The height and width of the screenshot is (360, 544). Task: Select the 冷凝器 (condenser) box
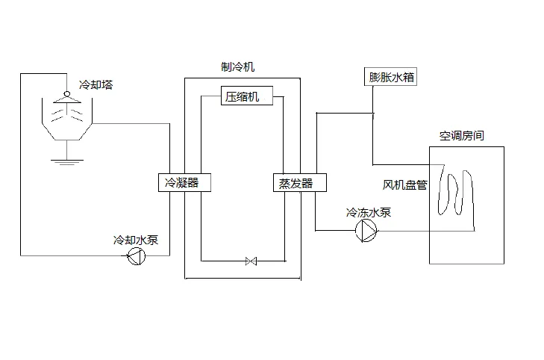181,182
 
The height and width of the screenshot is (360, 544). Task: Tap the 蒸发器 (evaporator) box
291,183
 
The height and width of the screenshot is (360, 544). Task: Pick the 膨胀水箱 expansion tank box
392,77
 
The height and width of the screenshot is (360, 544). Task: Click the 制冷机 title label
238,66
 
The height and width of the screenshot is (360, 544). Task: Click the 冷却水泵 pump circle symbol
136,257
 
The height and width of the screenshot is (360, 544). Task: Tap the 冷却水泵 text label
135,240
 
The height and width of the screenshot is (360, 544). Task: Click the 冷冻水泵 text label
369,213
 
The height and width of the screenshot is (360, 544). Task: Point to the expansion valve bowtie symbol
251,261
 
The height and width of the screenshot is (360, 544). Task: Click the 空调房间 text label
461,136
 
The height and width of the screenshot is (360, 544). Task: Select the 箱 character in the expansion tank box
409,77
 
